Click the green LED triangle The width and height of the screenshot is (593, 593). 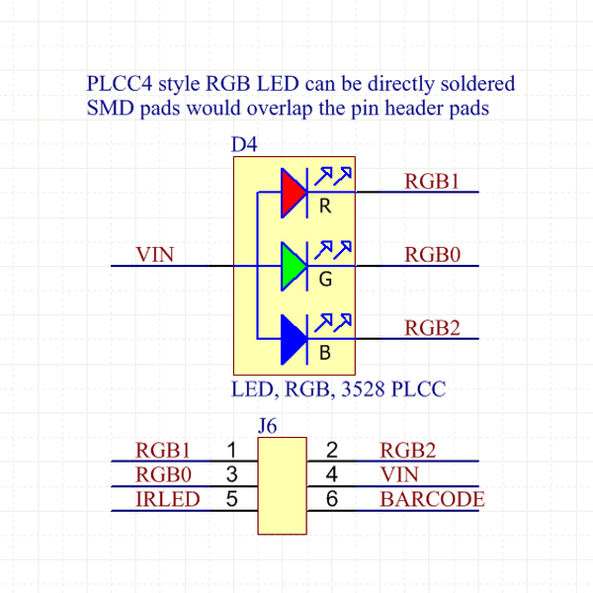pos(294,265)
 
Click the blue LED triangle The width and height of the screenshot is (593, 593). pos(294,337)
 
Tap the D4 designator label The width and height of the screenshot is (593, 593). pos(244,145)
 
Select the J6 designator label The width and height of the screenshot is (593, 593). pos(267,427)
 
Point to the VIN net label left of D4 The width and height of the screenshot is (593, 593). pos(154,255)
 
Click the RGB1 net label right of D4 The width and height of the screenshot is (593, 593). pos(433,181)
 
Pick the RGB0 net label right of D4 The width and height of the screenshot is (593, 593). pos(433,255)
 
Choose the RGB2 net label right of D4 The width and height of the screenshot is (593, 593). pos(433,328)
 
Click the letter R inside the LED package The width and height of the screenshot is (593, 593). pos(325,207)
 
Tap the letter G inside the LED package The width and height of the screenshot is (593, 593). pos(325,281)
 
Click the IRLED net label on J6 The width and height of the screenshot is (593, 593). pos(167,499)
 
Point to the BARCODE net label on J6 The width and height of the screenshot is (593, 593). pos(432,499)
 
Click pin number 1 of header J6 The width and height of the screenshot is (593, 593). pos(232,451)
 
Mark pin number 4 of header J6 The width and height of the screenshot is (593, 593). pos(332,474)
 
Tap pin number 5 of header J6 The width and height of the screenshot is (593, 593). pos(232,499)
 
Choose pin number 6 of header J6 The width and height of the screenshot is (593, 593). pos(332,499)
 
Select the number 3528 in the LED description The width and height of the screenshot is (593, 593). pos(362,390)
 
